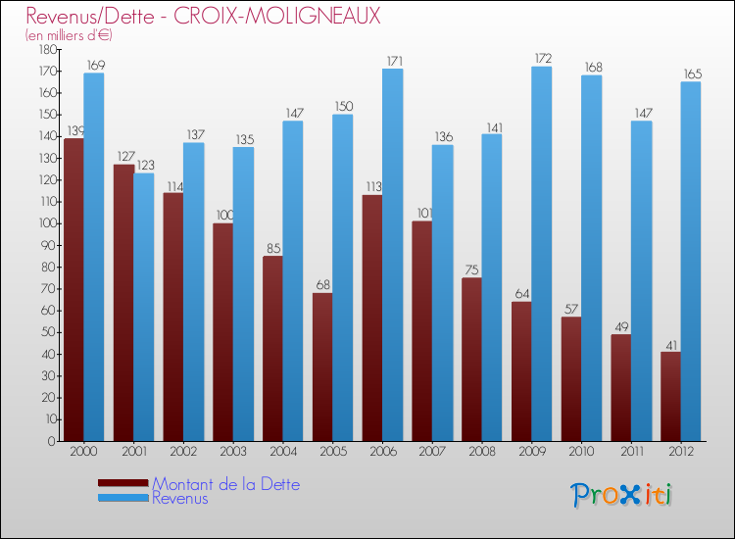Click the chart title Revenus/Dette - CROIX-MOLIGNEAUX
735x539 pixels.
pos(203,17)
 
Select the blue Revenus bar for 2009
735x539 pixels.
pos(541,255)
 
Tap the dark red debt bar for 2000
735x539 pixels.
pos(73,289)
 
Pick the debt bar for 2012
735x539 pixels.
pos(670,396)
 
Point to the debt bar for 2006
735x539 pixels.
pos(372,318)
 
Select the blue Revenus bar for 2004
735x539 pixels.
pos(292,280)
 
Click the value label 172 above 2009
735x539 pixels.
pos(541,59)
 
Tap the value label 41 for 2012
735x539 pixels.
pos(670,344)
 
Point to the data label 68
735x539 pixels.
pos(322,285)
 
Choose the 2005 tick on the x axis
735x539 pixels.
pos(332,453)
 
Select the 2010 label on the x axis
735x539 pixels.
pos(581,453)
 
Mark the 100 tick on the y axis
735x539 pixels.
pos(46,223)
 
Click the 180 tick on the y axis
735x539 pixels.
pos(46,49)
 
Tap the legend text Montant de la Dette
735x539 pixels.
pos(225,484)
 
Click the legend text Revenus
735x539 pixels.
pos(180,499)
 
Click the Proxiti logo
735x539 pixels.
pos(622,495)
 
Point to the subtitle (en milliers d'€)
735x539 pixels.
pos(69,35)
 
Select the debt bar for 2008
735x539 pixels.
pos(472,359)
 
